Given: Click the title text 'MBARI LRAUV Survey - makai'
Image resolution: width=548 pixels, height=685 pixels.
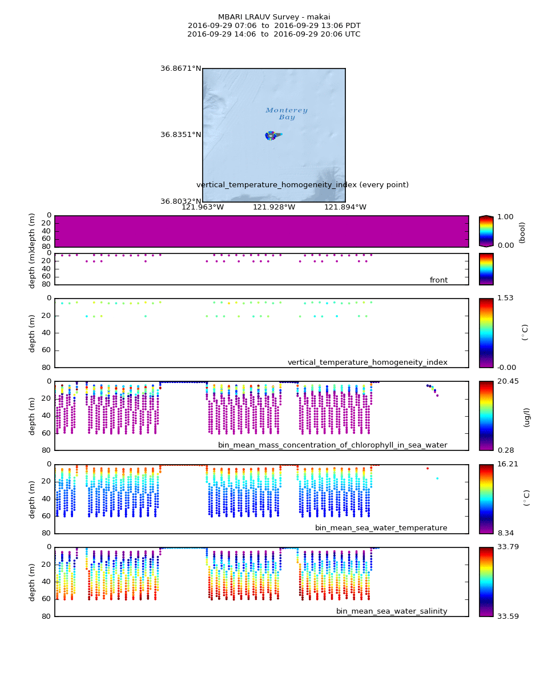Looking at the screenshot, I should point(274,17).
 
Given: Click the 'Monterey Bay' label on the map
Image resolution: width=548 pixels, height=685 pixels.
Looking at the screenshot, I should point(287,114).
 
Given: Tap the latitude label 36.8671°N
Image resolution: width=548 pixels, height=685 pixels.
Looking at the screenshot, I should point(180,68).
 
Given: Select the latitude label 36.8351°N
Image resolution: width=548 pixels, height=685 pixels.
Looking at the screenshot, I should point(180,135).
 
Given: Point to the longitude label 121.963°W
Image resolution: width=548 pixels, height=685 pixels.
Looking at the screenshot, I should point(202,207).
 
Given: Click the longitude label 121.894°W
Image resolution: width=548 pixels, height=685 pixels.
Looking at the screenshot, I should point(345,207).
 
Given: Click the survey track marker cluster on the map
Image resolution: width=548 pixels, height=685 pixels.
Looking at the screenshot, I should point(272,136).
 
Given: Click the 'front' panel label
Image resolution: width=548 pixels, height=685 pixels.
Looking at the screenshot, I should point(438,280).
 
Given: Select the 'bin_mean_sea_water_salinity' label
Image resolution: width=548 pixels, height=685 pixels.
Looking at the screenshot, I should point(392,611).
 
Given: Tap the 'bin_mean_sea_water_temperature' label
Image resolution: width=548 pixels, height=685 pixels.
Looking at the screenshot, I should point(381,528).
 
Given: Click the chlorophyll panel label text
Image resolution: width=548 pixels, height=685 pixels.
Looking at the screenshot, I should point(332,445).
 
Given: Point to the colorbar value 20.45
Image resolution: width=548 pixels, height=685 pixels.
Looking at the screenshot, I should point(507,381).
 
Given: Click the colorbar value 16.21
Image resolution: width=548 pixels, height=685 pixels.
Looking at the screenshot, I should point(507,464).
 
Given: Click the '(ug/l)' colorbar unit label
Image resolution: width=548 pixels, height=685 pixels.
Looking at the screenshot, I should point(526,417).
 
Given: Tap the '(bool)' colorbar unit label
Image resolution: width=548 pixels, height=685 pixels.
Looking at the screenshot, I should point(522,232).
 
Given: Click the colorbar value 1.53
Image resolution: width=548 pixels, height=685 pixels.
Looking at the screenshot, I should point(505,298).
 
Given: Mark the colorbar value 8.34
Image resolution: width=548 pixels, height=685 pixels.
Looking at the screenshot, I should point(505,533).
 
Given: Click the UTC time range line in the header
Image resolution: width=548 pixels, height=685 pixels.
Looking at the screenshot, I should point(274,34).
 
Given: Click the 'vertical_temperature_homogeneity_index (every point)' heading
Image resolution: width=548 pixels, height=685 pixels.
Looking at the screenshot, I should point(303,185).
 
